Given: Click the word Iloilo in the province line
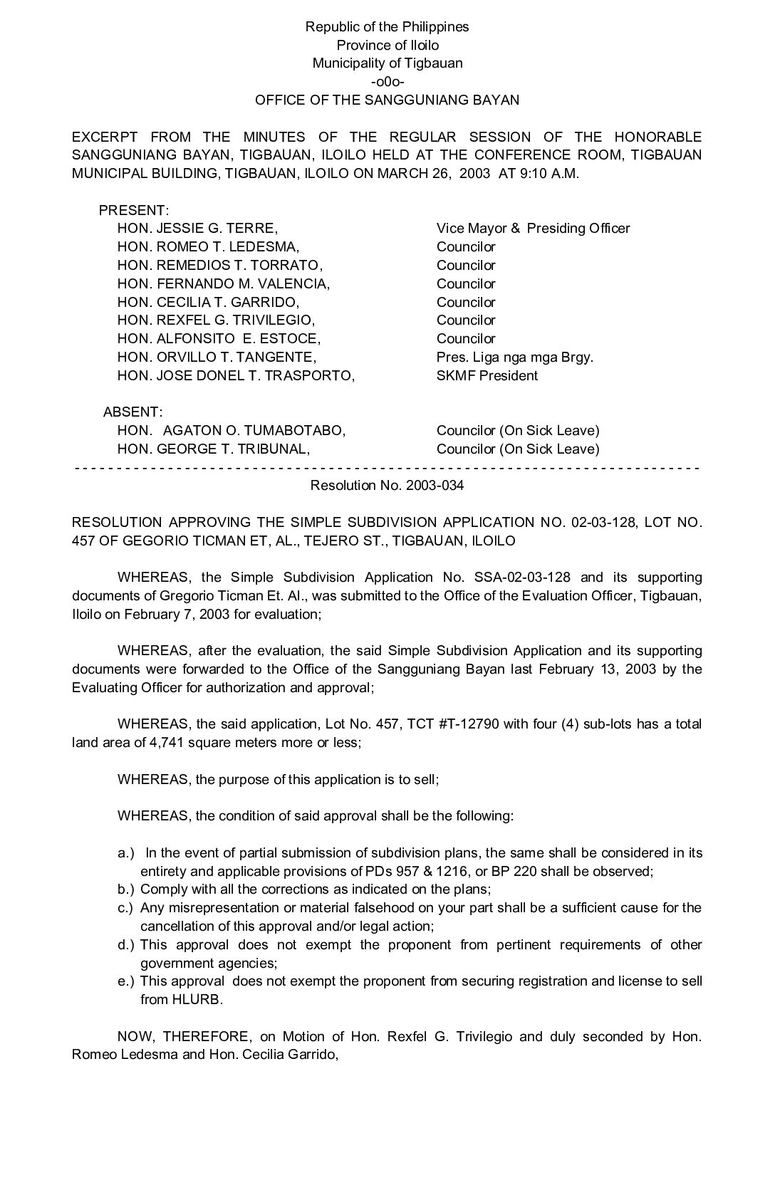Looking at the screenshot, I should [x=421, y=45].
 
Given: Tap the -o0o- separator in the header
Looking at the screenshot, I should [x=387, y=81].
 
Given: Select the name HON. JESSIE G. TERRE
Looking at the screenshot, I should [x=197, y=229].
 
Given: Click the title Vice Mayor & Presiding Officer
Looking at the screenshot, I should [x=533, y=229].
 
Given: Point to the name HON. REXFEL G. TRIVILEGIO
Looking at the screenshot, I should [x=216, y=320].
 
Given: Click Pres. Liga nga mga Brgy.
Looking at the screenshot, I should [x=514, y=357].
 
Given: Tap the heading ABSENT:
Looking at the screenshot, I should [x=132, y=412].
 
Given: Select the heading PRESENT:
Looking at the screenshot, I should [x=133, y=210].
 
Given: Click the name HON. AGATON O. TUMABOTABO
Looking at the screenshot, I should [x=232, y=430].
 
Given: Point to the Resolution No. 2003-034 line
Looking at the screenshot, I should [x=387, y=486].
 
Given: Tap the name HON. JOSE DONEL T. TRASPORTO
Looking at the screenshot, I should [x=236, y=375].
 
